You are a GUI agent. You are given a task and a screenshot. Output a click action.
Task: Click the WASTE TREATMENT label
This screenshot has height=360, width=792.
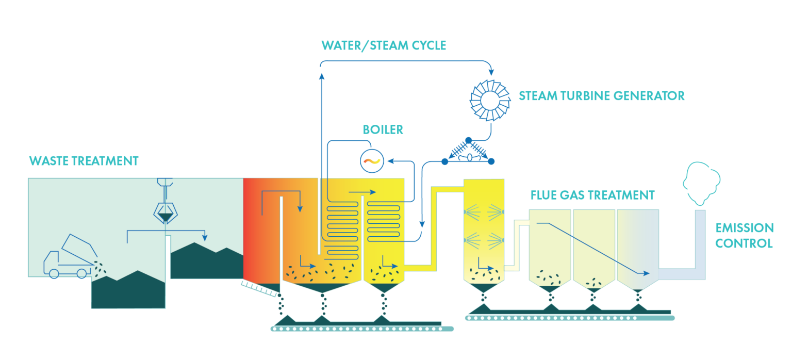84,161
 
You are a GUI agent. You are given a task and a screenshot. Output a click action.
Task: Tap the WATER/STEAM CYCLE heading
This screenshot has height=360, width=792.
384,45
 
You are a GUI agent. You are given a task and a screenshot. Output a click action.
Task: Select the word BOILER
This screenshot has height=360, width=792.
383,129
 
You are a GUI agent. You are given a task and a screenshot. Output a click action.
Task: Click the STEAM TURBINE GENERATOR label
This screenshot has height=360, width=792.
601,96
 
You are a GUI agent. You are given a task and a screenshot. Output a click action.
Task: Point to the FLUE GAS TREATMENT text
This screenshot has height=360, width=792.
592,195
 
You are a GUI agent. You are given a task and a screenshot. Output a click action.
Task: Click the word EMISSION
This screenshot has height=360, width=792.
744,228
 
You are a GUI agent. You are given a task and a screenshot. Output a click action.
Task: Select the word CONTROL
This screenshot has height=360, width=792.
744,243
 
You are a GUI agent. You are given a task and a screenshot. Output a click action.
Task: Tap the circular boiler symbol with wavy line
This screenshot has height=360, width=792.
372,160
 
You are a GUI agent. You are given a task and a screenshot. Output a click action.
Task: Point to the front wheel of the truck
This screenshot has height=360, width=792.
54,274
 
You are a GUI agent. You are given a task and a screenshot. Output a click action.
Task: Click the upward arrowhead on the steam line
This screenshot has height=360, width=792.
322,77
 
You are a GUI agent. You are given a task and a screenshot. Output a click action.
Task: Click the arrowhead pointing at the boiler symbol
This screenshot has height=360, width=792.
390,161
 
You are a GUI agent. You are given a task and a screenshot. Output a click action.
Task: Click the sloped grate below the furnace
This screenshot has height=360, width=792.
260,288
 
